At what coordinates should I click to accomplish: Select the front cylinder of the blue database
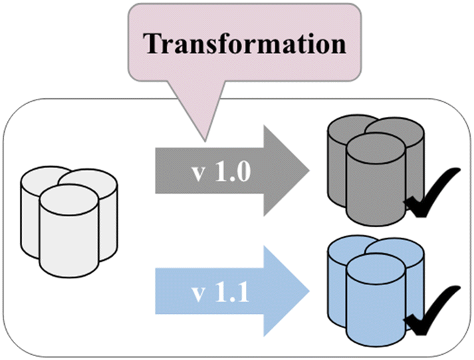pyautogui.click(x=374, y=304)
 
